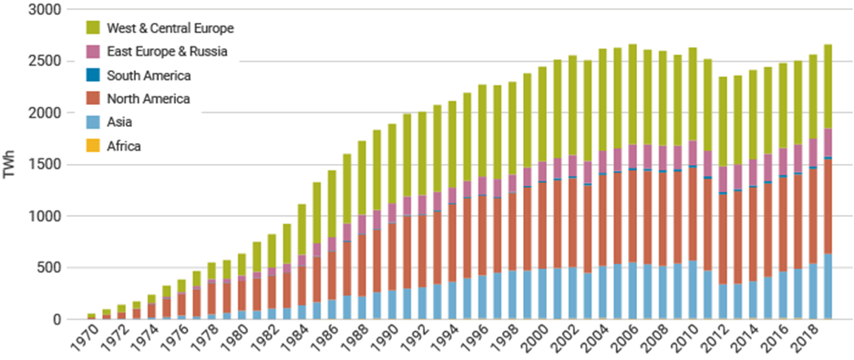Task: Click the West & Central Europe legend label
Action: (170, 28)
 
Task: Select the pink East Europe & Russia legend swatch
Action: (92, 52)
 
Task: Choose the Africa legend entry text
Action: (124, 146)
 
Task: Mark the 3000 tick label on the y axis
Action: (43, 10)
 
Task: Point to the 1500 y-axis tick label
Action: (43, 165)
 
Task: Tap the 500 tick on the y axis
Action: (46, 268)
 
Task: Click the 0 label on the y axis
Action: (56, 320)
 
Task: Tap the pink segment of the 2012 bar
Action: (723, 179)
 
